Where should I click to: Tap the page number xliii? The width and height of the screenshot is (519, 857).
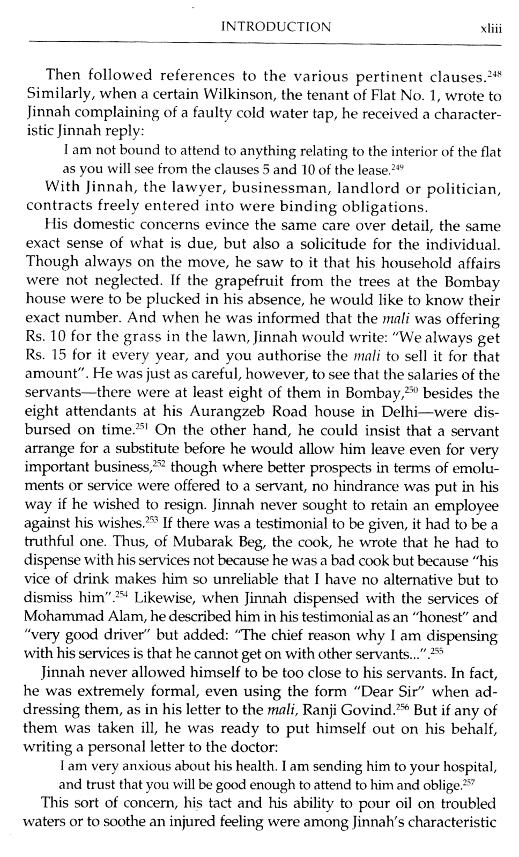(491, 28)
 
